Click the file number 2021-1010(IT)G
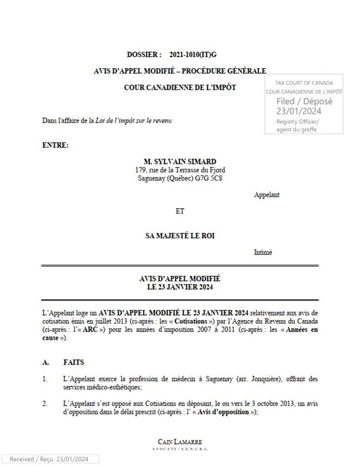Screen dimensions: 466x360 193,55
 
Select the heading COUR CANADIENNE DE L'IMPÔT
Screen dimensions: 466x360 179,88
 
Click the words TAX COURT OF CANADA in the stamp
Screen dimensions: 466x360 304,83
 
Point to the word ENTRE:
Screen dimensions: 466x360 55,145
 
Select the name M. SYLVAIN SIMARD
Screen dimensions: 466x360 180,161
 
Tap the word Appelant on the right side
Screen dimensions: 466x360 267,195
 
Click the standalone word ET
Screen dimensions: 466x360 180,211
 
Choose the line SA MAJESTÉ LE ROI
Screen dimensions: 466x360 180,236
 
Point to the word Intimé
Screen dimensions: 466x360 263,252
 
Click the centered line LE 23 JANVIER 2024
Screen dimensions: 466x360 180,286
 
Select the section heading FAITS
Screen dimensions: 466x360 74,362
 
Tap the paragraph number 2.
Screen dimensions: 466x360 45,404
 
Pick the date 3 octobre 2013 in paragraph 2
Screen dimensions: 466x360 241,404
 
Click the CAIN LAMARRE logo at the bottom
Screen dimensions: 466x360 180,444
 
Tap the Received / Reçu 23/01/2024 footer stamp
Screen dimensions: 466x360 49,459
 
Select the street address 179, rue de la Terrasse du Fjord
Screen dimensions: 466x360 180,170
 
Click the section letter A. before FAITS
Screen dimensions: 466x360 46,362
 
